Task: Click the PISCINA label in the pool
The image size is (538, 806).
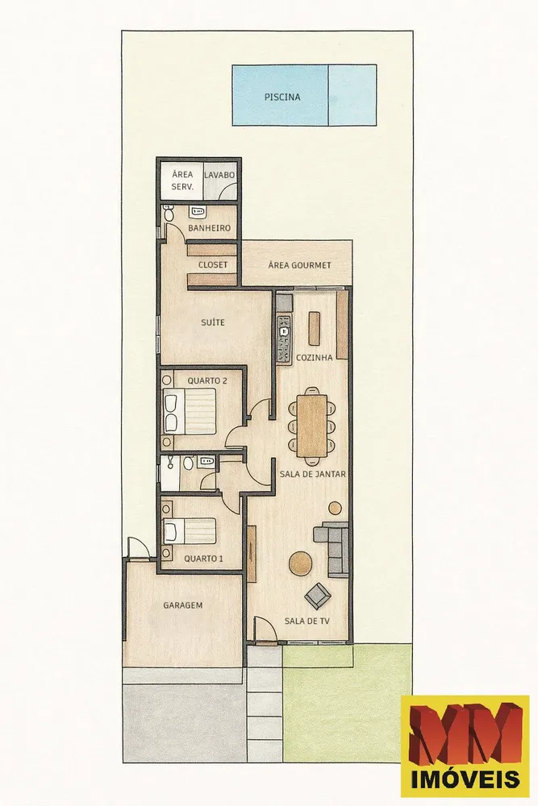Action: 282,97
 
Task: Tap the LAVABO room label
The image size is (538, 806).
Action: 219,175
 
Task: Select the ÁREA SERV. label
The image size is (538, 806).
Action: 182,181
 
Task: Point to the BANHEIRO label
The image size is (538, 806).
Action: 209,228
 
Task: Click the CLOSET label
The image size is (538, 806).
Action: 213,264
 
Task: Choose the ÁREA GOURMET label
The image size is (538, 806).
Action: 299,265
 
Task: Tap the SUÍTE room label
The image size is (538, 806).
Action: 212,322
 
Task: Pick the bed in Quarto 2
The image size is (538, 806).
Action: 190,411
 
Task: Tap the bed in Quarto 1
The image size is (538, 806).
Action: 190,531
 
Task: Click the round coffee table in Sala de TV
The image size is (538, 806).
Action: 300,563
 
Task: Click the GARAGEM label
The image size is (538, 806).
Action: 182,605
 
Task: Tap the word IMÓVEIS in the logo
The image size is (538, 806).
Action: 465,779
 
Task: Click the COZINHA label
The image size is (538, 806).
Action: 315,357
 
